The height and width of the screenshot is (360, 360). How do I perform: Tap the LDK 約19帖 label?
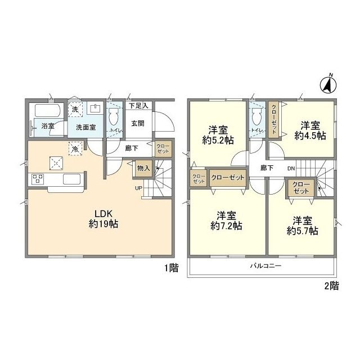(103, 219)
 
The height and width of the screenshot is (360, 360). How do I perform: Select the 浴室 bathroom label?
(48, 126)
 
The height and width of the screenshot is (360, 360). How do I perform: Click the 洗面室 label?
(86, 128)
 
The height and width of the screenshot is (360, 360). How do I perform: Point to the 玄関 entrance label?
(138, 124)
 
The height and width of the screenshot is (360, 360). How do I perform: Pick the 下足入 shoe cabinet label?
(138, 106)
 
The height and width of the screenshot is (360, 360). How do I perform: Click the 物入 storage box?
(143, 168)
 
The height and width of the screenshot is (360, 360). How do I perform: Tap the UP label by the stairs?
(139, 188)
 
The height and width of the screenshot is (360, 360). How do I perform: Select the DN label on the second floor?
(291, 169)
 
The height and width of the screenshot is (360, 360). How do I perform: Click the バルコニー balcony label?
(265, 266)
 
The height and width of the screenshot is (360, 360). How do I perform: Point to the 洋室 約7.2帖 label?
(226, 221)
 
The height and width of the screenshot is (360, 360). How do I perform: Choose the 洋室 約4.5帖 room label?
(310, 130)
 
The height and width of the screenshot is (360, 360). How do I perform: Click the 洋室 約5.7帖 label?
(303, 226)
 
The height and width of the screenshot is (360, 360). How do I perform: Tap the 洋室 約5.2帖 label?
(218, 135)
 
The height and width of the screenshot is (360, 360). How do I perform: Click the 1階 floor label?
(171, 268)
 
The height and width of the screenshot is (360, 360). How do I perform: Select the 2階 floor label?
(331, 286)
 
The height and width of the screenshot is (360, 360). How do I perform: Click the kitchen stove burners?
(38, 179)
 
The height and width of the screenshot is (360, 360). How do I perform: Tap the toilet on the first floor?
(114, 116)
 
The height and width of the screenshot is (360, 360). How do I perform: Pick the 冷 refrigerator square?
(75, 148)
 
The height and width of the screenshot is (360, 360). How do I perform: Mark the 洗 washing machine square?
(75, 110)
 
